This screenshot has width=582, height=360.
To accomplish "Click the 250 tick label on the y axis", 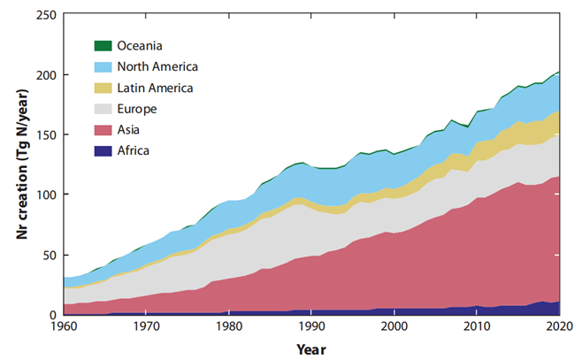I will click(x=46, y=15).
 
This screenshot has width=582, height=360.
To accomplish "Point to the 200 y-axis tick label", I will click(x=46, y=75).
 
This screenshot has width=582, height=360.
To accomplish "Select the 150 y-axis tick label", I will click(x=46, y=134).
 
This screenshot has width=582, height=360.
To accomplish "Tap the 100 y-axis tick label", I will click(x=46, y=195).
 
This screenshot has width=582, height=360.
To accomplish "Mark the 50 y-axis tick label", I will click(x=50, y=255).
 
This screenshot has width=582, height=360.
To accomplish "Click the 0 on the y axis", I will click(x=53, y=314).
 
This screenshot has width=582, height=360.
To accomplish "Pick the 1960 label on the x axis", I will click(x=65, y=328).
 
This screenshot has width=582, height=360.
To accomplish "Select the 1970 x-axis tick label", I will click(x=146, y=328).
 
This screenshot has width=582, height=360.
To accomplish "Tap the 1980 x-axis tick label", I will click(x=227, y=328).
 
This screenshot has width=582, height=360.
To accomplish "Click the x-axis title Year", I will click(x=310, y=349).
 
